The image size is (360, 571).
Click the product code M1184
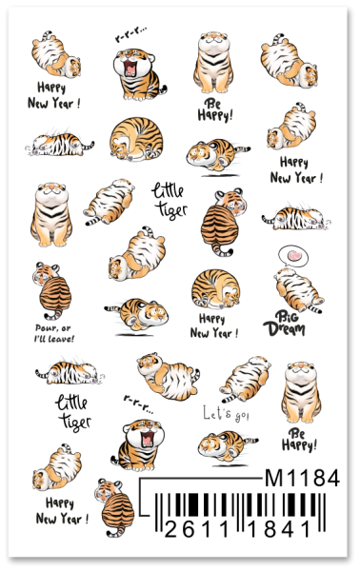coord(302,478)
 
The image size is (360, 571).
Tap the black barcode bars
coord(240,507)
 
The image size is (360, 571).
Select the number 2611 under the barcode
coord(197,529)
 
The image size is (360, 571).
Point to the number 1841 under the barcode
coord(279,529)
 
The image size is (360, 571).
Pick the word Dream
coord(284,328)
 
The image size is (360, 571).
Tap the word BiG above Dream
coord(287,316)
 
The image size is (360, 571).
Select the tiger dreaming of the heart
coord(299,290)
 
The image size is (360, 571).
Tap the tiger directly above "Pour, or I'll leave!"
coord(53,290)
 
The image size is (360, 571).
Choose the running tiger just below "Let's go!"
coord(228,446)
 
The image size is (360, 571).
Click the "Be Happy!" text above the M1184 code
coord(299,440)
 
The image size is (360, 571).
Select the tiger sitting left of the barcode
coord(115,508)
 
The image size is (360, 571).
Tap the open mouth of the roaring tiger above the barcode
coord(148,439)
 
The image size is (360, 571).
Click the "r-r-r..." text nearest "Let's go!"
coord(138,404)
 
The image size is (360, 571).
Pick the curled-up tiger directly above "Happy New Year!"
coord(215,288)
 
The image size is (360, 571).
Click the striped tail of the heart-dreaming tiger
coord(314,309)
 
